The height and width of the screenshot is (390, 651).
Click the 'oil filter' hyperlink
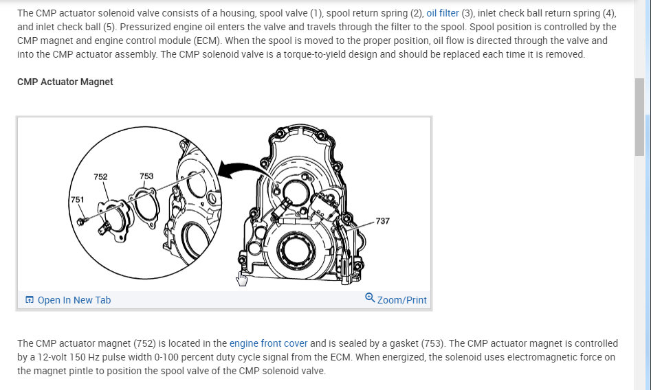tap(442, 13)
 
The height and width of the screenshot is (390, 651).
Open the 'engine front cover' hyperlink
tap(268, 343)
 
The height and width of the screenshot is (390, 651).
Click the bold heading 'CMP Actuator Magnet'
tap(65, 82)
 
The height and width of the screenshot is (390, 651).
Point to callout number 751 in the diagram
tap(77, 200)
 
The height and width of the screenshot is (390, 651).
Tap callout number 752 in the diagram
tap(100, 176)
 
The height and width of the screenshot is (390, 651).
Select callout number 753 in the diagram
tap(146, 176)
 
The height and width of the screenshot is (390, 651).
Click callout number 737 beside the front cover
tap(383, 221)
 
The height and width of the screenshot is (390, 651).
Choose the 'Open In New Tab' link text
tap(74, 300)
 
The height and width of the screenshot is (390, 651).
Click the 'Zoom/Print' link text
tap(401, 300)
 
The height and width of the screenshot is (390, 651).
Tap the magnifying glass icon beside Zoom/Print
tap(370, 298)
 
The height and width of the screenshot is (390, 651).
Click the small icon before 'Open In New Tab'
tap(29, 300)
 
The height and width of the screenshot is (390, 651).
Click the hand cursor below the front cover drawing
tap(241, 279)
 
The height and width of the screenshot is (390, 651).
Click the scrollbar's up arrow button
tap(640, 5)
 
